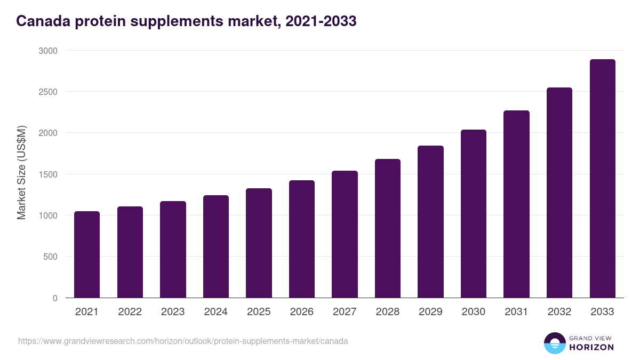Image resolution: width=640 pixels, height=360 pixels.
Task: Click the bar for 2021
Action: click(87, 254)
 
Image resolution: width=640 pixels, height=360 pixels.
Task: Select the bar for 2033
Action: click(602, 179)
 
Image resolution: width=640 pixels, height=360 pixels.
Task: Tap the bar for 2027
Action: click(345, 234)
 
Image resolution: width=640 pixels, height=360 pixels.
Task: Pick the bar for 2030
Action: click(474, 214)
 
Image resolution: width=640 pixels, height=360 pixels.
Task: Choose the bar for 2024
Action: click(216, 246)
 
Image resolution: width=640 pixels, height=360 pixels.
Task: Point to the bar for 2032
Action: click(559, 193)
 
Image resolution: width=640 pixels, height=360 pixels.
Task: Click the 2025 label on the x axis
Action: click(259, 312)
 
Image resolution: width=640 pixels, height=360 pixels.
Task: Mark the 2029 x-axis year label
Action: click(430, 312)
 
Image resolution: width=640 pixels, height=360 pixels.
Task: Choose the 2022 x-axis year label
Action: click(130, 312)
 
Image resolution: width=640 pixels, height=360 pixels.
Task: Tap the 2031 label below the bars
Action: click(516, 312)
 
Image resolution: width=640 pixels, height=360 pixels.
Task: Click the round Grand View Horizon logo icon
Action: click(555, 343)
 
